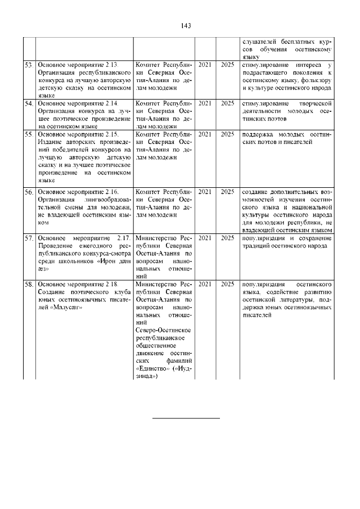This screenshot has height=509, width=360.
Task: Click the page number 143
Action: coord(187,25)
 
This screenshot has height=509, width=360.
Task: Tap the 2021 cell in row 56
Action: coord(205,192)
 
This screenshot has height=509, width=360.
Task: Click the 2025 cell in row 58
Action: coord(227,284)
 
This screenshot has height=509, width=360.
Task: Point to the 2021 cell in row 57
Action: coord(205,238)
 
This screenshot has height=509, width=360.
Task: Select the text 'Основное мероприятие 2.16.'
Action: coord(78,192)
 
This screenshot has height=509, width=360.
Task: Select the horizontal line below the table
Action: coord(186,418)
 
